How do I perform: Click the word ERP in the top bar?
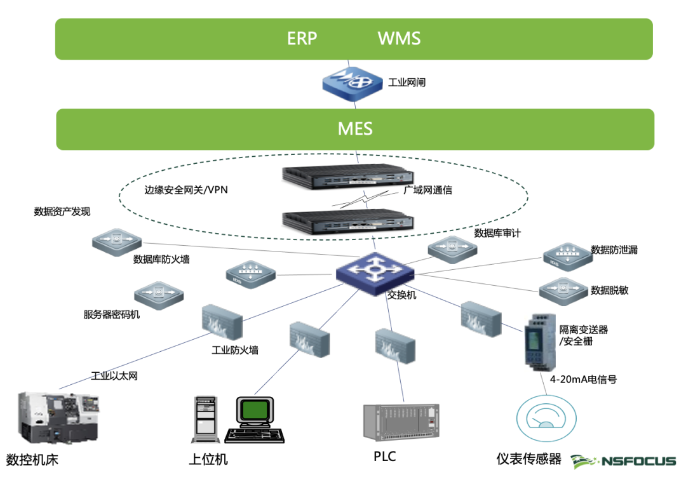[302, 39]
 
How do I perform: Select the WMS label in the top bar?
[399, 39]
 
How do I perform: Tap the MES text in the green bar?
[355, 130]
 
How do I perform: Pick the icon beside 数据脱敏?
[563, 291]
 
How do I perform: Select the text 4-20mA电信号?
[583, 380]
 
